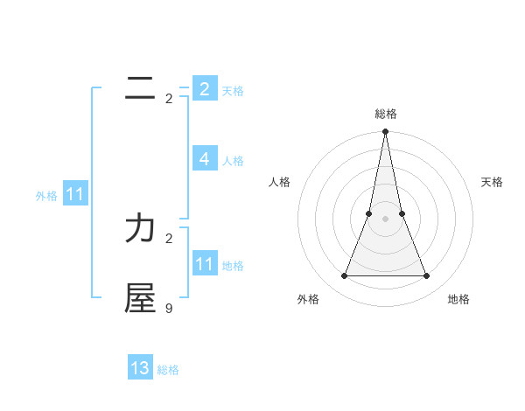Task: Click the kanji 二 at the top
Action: [140, 88]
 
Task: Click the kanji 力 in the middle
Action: [140, 228]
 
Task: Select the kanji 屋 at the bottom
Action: [140, 297]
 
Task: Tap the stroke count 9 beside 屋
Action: [169, 308]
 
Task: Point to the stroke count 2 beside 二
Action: [169, 99]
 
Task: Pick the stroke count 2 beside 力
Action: [169, 238]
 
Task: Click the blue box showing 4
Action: [204, 159]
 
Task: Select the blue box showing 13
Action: [140, 368]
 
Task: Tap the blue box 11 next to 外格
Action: [74, 195]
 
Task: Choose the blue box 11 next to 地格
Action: [204, 264]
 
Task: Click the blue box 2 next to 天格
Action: [204, 88]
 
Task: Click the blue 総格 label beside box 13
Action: [168, 370]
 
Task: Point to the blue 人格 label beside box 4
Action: [233, 161]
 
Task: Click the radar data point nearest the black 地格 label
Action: [427, 276]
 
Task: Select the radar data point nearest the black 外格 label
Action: [344, 276]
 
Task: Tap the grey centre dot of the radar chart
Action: [385, 219]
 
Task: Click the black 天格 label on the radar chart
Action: [492, 182]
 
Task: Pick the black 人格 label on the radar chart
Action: [280, 182]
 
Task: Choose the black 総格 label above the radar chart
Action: [385, 114]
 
